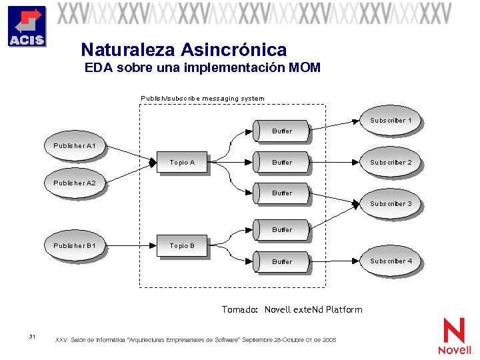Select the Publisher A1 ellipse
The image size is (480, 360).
click(x=75, y=146)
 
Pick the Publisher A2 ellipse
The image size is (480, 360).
click(x=75, y=183)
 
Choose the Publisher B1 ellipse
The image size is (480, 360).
click(x=75, y=246)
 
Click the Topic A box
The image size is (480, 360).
click(x=182, y=163)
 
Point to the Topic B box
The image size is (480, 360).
click(x=182, y=246)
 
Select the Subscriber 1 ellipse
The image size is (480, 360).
click(x=391, y=121)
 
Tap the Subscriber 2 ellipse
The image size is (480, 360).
click(x=391, y=163)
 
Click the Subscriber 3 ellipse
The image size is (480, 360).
click(x=391, y=204)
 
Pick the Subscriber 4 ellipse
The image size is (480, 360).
click(x=391, y=261)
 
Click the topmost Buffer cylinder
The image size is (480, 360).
click(x=281, y=131)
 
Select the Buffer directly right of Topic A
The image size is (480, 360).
click(x=281, y=162)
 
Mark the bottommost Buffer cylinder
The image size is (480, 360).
click(x=281, y=262)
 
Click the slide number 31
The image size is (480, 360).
click(x=33, y=335)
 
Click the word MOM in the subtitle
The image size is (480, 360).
click(x=305, y=68)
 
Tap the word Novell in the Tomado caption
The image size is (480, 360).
click(x=278, y=309)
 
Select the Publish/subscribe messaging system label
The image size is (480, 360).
click(x=202, y=99)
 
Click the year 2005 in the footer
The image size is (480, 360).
click(x=329, y=340)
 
